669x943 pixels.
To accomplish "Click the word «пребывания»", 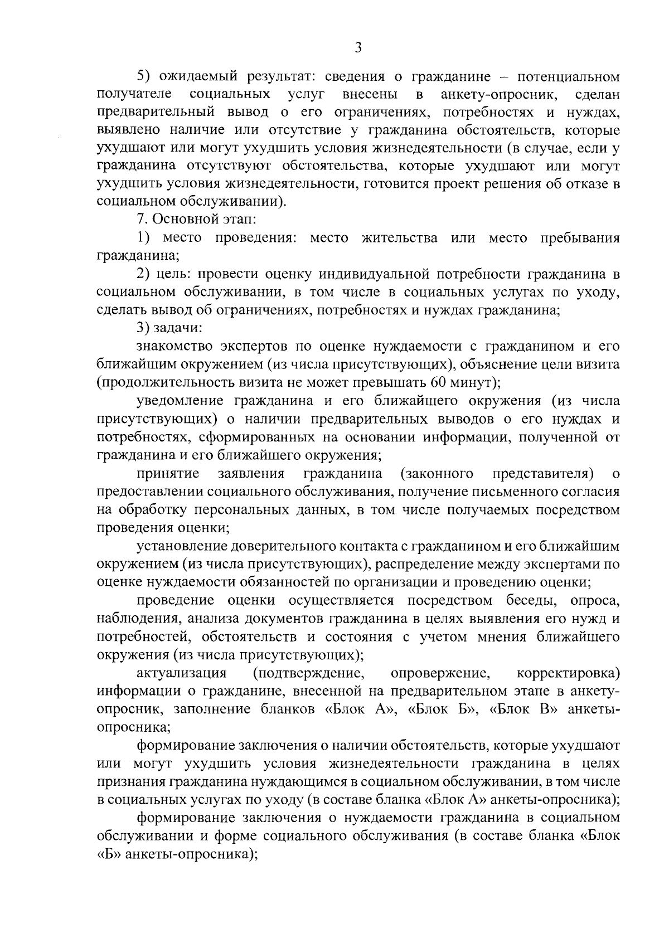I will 580,238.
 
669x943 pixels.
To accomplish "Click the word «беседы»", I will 526,600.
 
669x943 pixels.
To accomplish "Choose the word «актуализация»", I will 182,673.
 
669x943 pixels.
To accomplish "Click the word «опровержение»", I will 440,673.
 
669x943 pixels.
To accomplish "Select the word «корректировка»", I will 569,673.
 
